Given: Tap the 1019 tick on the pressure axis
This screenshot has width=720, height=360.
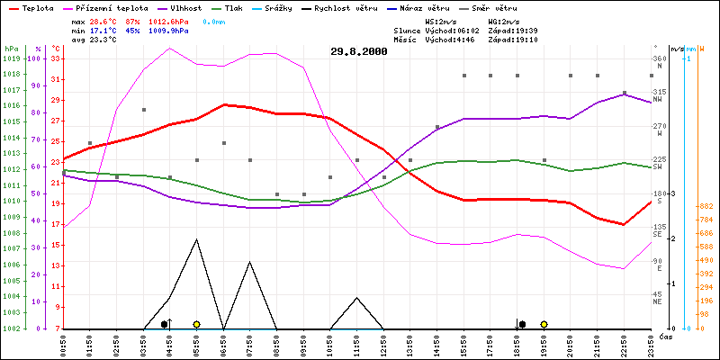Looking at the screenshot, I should pyautogui.click(x=11, y=58).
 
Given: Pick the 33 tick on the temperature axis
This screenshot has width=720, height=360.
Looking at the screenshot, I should pyautogui.click(x=56, y=58).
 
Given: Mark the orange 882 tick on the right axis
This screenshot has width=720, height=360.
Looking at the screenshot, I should pyautogui.click(x=706, y=207).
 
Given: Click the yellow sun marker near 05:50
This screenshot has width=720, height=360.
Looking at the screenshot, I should pyautogui.click(x=196, y=324).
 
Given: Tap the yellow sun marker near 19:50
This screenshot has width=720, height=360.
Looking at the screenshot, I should pyautogui.click(x=544, y=324).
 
